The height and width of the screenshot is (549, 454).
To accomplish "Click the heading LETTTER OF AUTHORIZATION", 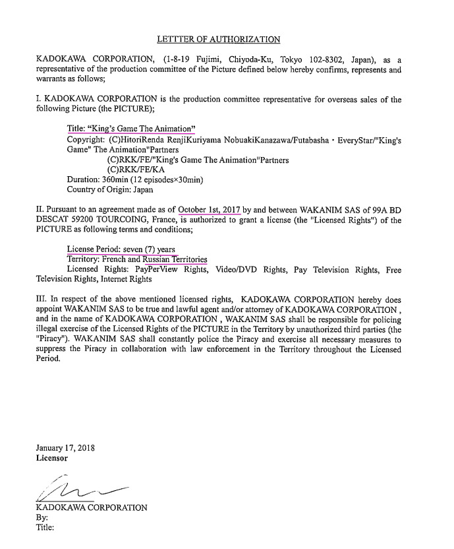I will (219, 40).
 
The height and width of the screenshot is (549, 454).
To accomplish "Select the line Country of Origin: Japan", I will (110, 189).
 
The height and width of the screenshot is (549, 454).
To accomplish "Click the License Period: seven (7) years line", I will (121, 249).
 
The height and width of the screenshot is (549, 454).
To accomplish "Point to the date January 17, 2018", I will (65, 447).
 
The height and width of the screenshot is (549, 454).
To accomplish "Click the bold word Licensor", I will (51, 457).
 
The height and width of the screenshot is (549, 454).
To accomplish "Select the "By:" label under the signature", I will (42, 518).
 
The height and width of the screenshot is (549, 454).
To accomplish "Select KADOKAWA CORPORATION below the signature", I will (92, 507).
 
